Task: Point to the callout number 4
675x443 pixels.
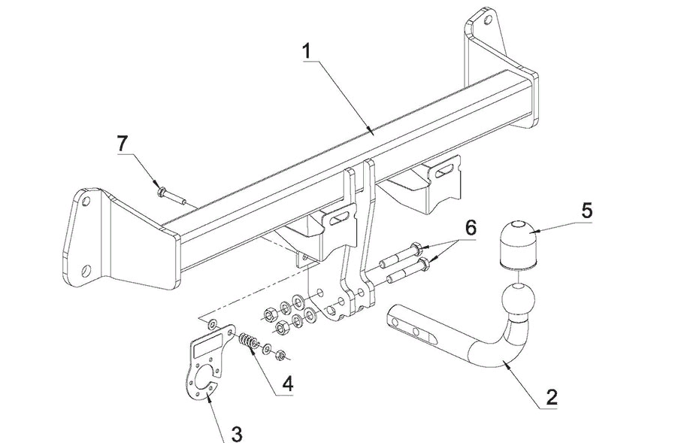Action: pos(286,384)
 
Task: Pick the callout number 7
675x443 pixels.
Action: pos(123,142)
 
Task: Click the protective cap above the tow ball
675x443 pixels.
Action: pos(516,241)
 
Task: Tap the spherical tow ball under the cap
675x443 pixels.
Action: pos(517,300)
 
